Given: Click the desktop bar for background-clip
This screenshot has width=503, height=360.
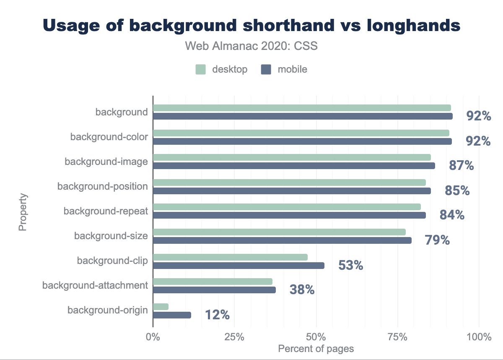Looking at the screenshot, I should (x=230, y=257).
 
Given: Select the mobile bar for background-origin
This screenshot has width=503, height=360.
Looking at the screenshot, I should (x=172, y=315).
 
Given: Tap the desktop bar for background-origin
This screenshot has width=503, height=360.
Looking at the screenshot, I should (x=161, y=307).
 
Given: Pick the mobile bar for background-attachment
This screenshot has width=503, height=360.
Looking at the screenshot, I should (x=214, y=290).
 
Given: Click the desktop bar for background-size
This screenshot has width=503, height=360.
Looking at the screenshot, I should (x=279, y=232).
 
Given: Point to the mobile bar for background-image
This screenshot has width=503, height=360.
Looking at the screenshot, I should (x=294, y=166).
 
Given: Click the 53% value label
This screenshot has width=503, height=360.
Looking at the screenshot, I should (x=350, y=265).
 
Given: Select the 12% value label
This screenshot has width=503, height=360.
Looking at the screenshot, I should (x=217, y=315).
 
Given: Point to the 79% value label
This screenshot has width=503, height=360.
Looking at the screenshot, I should (x=437, y=240).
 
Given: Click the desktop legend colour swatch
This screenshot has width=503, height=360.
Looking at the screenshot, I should (x=201, y=70).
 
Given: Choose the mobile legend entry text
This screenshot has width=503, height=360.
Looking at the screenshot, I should (x=292, y=70).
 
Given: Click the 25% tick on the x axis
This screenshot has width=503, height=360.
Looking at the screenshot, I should (x=234, y=337).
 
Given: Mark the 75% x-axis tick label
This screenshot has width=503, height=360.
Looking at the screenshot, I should (x=397, y=337).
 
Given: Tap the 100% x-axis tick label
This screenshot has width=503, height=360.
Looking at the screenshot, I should (x=479, y=337).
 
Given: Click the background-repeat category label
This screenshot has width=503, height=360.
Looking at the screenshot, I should (x=106, y=211).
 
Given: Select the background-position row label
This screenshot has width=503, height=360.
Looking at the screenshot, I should (x=103, y=186).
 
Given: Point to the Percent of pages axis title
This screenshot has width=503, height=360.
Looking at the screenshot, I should (x=316, y=349).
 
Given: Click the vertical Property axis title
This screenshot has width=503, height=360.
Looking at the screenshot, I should (x=23, y=212).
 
